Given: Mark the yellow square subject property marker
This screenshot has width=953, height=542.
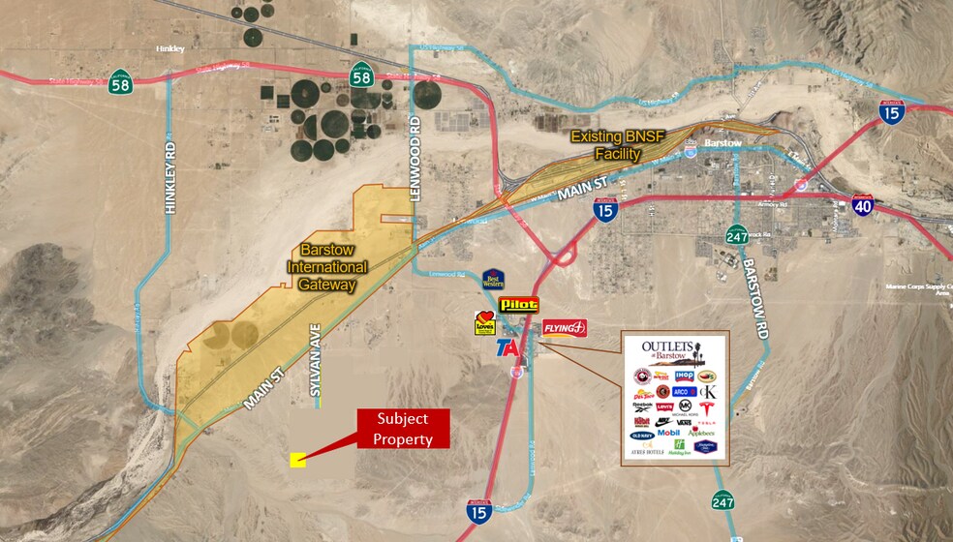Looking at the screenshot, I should [x=298, y=461].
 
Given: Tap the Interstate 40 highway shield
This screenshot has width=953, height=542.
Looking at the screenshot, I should [x=864, y=204].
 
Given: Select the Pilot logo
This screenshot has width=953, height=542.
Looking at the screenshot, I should [x=518, y=305].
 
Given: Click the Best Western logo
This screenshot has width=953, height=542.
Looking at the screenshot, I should [x=493, y=281].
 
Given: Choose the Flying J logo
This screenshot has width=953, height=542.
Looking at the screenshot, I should [x=565, y=328].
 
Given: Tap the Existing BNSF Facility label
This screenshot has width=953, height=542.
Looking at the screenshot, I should [x=620, y=145].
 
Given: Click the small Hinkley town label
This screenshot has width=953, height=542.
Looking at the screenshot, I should [x=170, y=46].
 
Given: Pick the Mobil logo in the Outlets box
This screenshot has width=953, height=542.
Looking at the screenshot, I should [x=668, y=433].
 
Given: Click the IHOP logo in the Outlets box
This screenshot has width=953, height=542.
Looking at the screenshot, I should [x=684, y=376].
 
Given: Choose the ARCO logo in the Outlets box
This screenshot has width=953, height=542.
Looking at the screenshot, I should [x=685, y=391].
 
